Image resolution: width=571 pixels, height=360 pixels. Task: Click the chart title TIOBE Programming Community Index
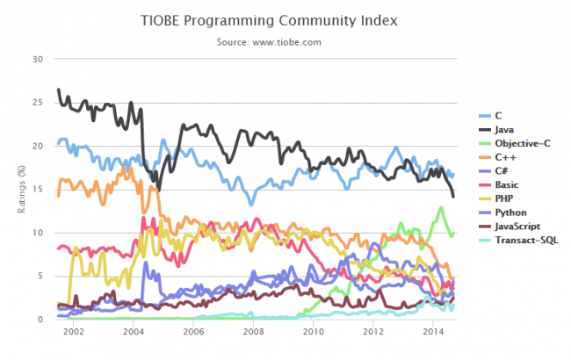(x=286, y=18)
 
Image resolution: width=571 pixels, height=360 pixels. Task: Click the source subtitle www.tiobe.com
(x=285, y=41)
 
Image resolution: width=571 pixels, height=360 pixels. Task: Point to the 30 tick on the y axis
(x=37, y=59)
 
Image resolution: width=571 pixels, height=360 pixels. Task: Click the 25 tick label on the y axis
(x=37, y=103)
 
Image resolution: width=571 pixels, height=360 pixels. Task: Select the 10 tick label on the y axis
(x=37, y=233)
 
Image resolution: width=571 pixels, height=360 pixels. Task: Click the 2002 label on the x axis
(x=73, y=332)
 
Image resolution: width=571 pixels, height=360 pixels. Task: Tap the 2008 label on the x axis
(x=253, y=332)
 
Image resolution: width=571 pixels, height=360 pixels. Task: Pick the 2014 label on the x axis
(x=433, y=332)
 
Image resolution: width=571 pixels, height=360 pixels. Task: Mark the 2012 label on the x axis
(x=373, y=332)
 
